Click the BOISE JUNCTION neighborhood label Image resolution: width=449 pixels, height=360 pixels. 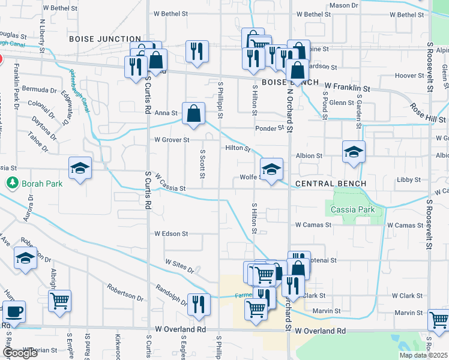(105, 38)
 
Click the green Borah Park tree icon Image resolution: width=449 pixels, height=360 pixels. (11, 182)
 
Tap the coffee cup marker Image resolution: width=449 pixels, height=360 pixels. (14, 312)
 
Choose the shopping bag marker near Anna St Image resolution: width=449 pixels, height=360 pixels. (194, 113)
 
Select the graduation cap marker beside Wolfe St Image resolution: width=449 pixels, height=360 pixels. (271, 169)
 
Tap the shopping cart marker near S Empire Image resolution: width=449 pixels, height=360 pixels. (59, 301)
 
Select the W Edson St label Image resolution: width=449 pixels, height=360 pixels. (171, 233)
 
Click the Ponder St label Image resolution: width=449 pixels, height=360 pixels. (268, 128)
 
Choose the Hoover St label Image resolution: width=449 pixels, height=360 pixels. (409, 76)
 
